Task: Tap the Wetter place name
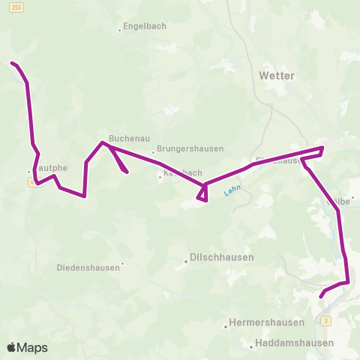pyautogui.click(x=276, y=76)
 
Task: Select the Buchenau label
pyautogui.click(x=124, y=138)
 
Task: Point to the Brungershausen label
pyautogui.click(x=190, y=148)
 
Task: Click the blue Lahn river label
pyautogui.click(x=232, y=193)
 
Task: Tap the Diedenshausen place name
pyautogui.click(x=88, y=266)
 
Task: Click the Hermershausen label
pyautogui.click(x=267, y=322)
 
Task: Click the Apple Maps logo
pyautogui.click(x=27, y=347)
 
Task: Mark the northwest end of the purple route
pyautogui.click(x=11, y=63)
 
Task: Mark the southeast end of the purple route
pyautogui.click(x=321, y=296)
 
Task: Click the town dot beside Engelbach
pyautogui.click(x=120, y=31)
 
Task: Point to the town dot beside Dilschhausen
pyautogui.click(x=186, y=262)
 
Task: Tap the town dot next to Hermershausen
pyautogui.click(x=226, y=327)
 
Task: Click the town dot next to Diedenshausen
pyautogui.click(x=122, y=263)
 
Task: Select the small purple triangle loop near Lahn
pyautogui.click(x=202, y=194)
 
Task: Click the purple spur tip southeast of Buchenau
pyautogui.click(x=127, y=172)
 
